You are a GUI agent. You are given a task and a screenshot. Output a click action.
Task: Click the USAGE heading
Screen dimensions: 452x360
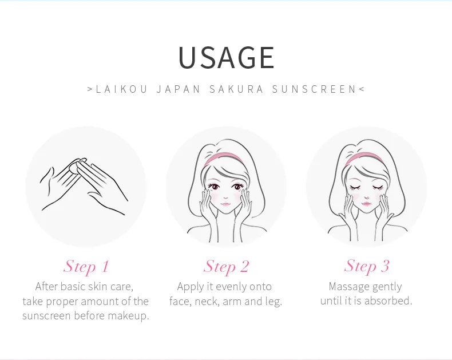pos(227,57)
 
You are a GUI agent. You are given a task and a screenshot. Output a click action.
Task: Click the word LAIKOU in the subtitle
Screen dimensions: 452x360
pos(121,89)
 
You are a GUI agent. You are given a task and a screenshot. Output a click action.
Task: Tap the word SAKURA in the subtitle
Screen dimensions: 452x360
pos(236,89)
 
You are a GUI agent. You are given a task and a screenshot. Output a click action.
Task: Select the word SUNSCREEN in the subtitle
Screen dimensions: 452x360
pos(315,89)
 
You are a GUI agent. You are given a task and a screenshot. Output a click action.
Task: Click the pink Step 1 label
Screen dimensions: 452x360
pos(86,266)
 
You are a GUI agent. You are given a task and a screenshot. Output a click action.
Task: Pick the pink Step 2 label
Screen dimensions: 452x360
pos(225,266)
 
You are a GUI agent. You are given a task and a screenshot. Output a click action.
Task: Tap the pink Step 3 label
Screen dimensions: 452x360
pos(366,266)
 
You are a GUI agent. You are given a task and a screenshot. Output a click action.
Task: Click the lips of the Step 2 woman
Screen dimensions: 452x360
pos(225,205)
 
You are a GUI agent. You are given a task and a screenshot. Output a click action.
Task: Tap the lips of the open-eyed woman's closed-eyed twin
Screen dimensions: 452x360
pos(366,204)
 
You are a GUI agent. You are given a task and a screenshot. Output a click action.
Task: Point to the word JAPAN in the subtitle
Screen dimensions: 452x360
pos(179,89)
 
